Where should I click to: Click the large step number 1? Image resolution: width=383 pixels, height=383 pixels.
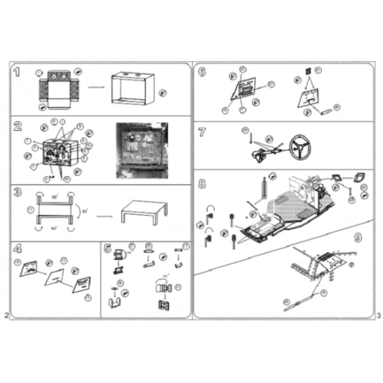click(17, 72)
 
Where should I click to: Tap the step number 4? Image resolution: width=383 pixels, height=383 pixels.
click(17, 248)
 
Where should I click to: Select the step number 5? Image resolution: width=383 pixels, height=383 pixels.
click(107, 248)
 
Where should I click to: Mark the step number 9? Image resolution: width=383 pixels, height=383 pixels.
click(357, 238)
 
